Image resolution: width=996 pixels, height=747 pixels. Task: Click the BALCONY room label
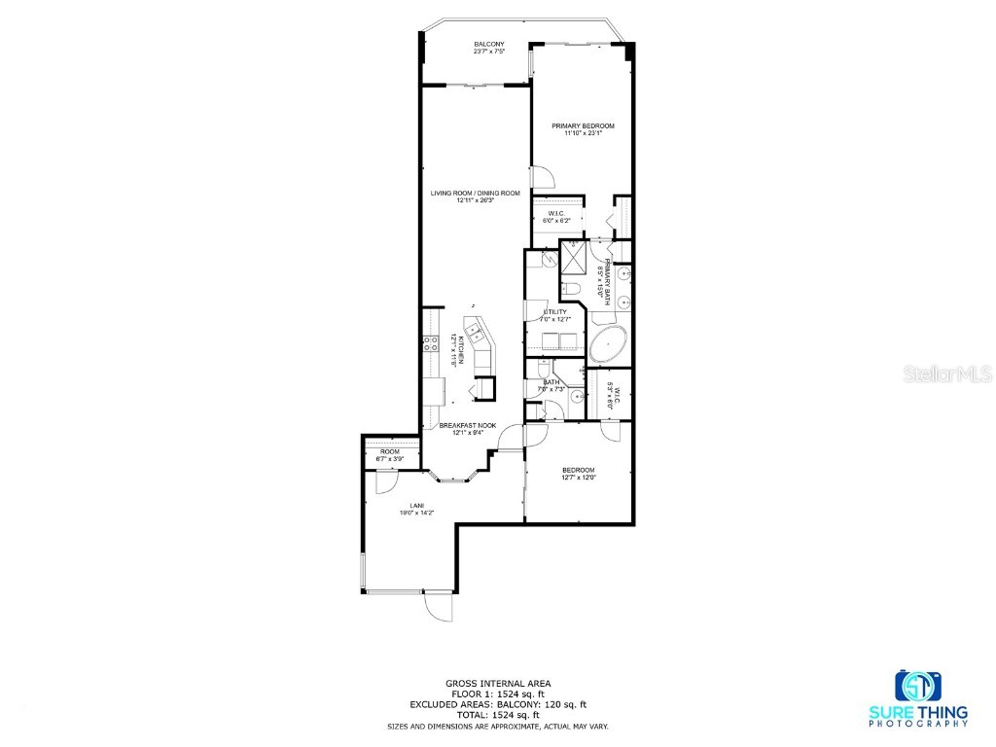coord(488,45)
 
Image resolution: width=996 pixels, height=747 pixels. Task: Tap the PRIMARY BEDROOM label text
coord(583,125)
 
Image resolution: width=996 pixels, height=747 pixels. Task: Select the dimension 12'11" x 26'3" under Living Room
coord(476,201)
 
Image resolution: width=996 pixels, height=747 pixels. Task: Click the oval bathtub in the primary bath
coord(609,344)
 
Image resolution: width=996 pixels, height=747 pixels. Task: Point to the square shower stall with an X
coord(573,260)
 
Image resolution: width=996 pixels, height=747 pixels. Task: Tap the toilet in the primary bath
coord(570,288)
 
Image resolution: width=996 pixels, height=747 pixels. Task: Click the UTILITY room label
coord(554,312)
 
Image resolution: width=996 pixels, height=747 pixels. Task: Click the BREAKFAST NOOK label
coord(468,426)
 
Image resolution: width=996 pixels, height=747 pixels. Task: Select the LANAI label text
coord(415,506)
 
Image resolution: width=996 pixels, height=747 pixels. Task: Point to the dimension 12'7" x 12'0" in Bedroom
coord(578,478)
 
